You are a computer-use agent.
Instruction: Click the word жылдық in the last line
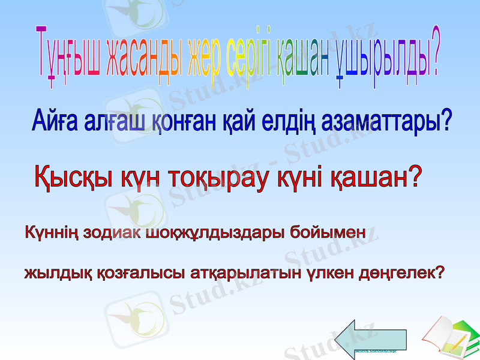coord(53,274)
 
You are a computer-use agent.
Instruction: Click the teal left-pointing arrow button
coord(370,335)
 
